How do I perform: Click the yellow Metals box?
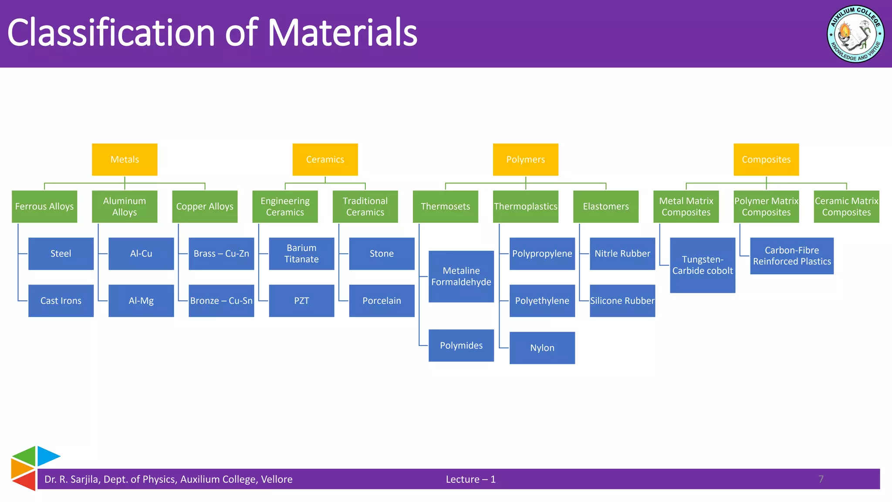(x=125, y=159)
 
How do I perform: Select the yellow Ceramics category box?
(x=325, y=159)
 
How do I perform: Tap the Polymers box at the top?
(x=525, y=159)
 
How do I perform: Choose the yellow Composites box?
(x=766, y=159)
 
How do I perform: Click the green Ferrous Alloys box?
(x=44, y=207)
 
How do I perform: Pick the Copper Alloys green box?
(x=205, y=207)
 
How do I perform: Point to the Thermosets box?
(x=445, y=207)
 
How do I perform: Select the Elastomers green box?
(x=606, y=207)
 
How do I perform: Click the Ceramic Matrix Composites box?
(x=846, y=207)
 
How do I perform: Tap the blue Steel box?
(x=61, y=254)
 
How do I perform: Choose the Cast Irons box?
(x=61, y=301)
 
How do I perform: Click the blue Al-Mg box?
(x=141, y=301)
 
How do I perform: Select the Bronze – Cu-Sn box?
(x=221, y=301)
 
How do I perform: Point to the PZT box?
(x=301, y=301)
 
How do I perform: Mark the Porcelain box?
(x=382, y=301)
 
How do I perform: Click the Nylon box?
(x=542, y=348)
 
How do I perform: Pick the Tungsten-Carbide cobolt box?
(x=703, y=265)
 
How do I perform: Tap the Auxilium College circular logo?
(x=855, y=34)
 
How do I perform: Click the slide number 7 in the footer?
(x=821, y=479)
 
